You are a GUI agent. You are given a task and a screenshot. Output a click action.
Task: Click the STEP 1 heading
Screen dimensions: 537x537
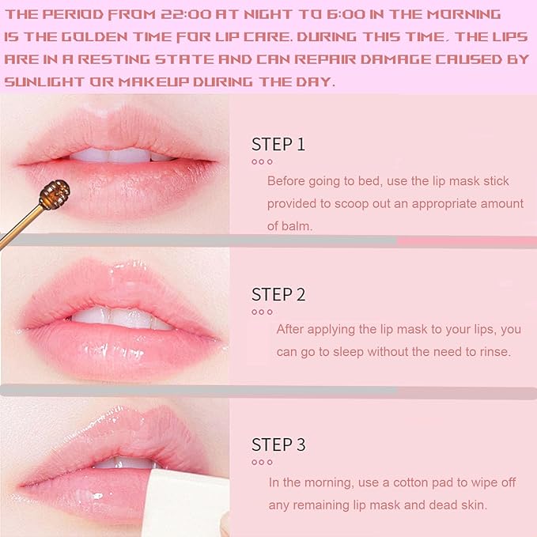pos(278,144)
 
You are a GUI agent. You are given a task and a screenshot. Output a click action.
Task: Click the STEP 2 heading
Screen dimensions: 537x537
pos(278,294)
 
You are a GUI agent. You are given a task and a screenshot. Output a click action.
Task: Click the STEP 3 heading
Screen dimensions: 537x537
pos(278,444)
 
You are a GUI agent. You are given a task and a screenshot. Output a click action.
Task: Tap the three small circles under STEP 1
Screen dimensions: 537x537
pos(262,161)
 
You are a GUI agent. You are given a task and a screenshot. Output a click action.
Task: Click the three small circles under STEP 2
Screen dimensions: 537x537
pos(262,312)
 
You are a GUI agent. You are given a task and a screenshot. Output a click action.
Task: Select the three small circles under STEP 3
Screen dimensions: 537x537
pos(262,462)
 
